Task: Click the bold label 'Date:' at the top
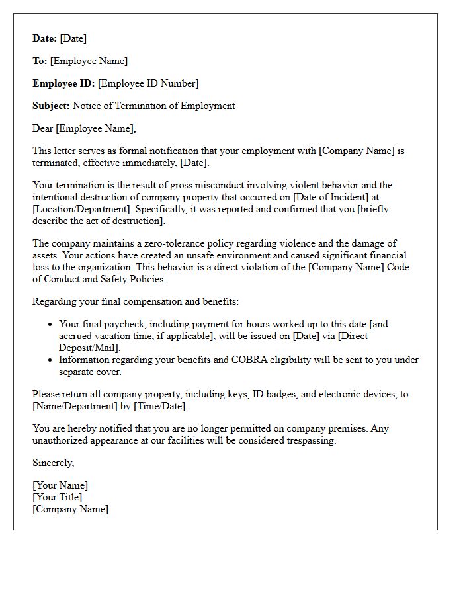tap(44, 38)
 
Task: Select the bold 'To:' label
tap(40, 61)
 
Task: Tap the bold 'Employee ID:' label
tap(63, 83)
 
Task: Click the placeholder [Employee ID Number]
tap(148, 83)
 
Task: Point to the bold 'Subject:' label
tap(51, 106)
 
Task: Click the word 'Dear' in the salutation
tap(43, 128)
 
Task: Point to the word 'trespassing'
tap(309, 440)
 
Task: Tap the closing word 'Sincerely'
tap(53, 463)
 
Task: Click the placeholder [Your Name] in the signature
tap(60, 485)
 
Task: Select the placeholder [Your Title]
tap(58, 497)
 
